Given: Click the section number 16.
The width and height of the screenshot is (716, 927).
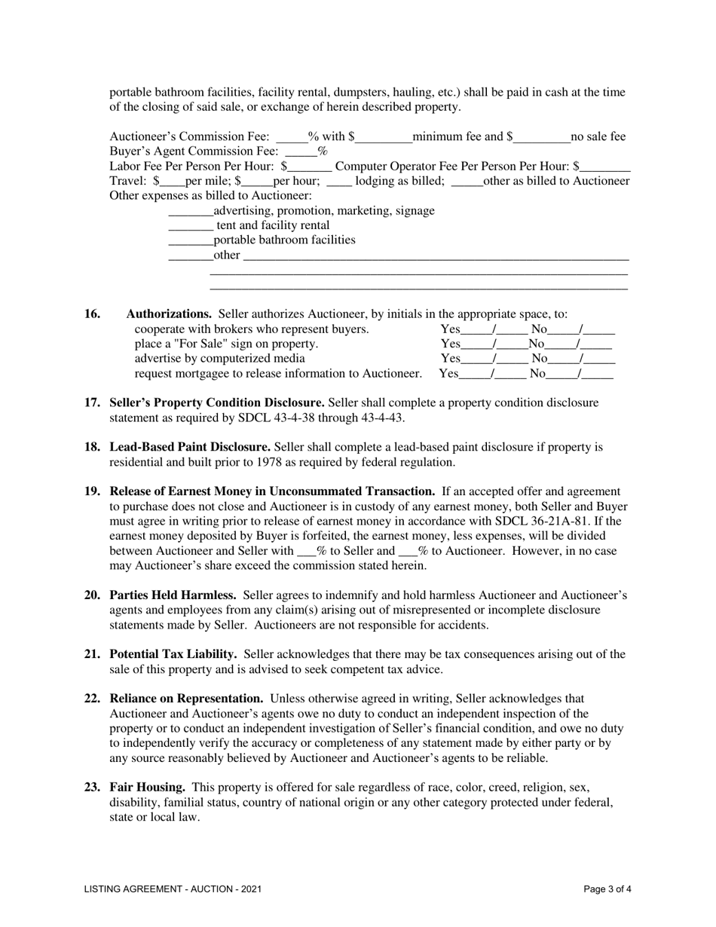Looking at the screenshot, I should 91,314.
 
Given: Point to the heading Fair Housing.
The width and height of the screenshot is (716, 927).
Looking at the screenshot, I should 148,788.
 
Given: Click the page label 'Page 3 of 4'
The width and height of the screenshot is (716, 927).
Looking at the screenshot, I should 607,889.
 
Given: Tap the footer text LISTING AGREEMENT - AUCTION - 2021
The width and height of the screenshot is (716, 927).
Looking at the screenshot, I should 173,889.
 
